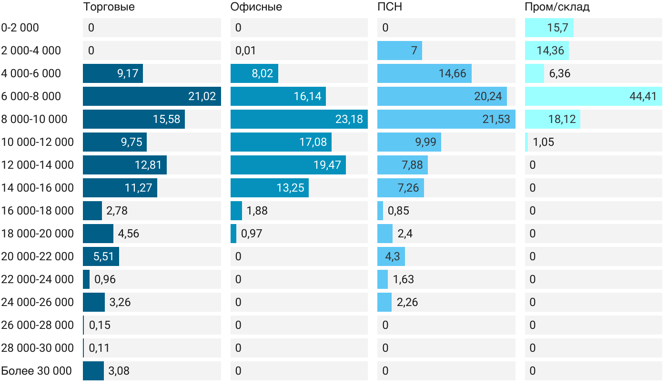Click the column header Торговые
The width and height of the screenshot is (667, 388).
109,7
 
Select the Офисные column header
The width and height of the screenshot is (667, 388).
256,7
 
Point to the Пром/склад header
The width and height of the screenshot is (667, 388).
557,7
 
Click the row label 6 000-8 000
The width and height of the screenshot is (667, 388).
31,96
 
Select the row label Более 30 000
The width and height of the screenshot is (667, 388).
36,371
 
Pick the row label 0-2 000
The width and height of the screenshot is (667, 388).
20,28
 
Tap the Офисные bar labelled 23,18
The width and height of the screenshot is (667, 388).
299,119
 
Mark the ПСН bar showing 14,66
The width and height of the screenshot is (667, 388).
424,73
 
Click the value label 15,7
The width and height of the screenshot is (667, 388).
557,28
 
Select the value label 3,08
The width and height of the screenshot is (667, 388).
119,371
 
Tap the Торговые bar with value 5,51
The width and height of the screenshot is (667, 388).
101,256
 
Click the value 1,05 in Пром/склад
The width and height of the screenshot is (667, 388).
544,142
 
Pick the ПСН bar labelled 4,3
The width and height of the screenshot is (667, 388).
391,256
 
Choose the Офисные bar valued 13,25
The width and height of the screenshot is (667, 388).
269,188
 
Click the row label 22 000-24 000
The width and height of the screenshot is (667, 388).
37,279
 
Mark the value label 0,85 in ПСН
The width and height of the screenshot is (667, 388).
398,211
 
